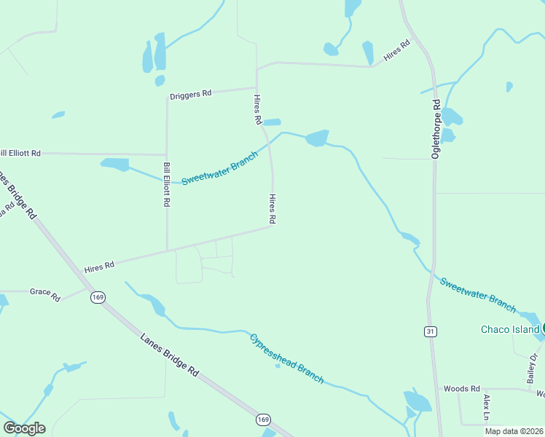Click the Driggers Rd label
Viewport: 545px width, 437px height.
[190, 94]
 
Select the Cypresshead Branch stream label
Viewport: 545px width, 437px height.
[286, 358]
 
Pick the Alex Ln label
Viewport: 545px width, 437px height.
[487, 409]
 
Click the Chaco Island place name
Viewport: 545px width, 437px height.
[510, 329]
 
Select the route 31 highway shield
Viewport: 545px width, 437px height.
[431, 331]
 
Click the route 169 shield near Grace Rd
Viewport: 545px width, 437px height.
[98, 297]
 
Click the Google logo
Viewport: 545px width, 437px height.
[24, 428]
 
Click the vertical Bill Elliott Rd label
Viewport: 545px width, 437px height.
[167, 185]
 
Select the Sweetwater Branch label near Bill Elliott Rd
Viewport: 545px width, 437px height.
[219, 168]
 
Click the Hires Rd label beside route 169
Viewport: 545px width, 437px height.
[99, 267]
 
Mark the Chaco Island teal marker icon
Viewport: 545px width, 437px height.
[542, 328]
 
